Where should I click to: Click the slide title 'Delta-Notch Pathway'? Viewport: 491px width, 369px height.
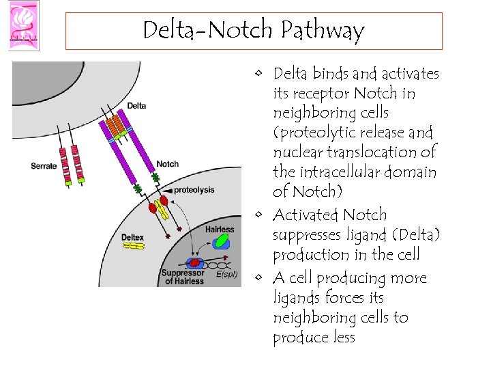254,31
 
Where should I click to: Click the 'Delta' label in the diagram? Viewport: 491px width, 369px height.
136,106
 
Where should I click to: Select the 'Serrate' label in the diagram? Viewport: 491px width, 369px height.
44,165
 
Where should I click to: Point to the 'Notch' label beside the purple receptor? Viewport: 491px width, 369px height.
168,164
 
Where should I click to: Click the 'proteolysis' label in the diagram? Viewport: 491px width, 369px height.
194,189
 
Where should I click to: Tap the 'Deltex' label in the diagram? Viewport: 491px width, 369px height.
132,238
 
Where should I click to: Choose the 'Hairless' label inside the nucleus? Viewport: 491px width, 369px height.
219,230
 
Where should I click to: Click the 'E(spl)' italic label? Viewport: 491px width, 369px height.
226,275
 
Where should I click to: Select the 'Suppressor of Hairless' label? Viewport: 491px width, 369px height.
182,277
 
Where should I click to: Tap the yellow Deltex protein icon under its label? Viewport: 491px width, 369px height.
133,246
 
